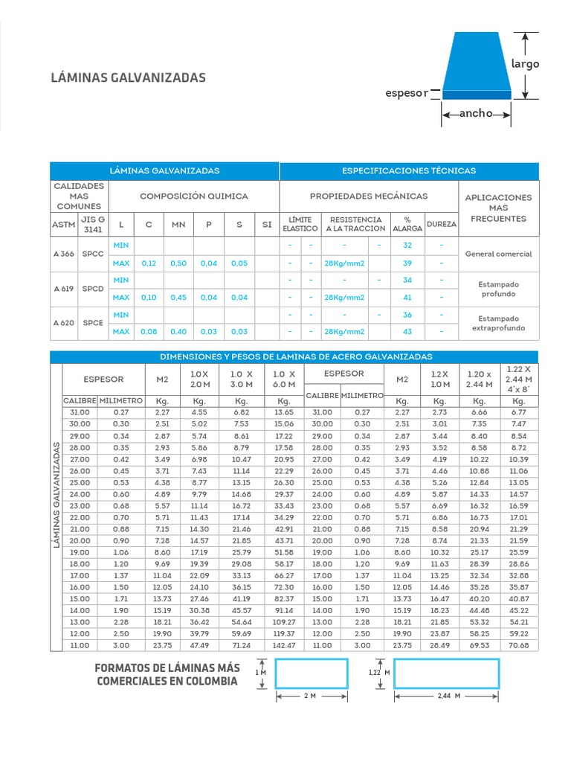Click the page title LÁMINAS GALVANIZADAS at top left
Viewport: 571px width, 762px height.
click(128, 77)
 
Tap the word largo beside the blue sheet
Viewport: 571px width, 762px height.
click(525, 64)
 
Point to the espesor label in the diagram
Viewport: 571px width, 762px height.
click(406, 93)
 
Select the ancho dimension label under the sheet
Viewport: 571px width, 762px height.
click(476, 114)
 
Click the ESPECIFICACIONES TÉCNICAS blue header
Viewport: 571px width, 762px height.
click(408, 170)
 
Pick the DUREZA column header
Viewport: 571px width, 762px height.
click(442, 224)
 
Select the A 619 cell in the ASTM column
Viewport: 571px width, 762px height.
click(63, 289)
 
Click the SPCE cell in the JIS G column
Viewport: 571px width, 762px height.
click(93, 323)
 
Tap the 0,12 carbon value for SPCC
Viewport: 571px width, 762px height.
click(149, 263)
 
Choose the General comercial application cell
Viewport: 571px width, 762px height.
click(498, 254)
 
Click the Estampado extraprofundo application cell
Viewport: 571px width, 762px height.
click(498, 323)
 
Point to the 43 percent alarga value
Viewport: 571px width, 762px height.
click(407, 332)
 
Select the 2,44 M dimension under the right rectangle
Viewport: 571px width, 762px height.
click(446, 696)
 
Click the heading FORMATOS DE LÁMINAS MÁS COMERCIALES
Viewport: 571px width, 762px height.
click(167, 673)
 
